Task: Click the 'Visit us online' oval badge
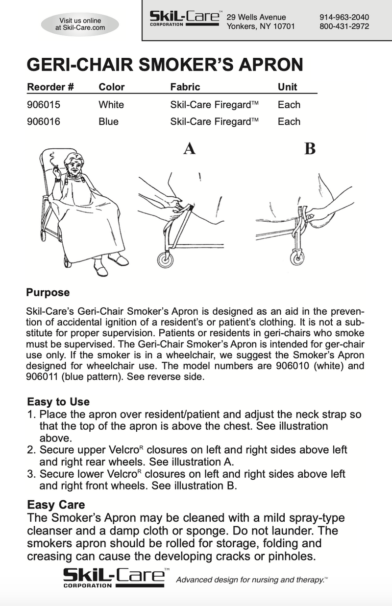80,24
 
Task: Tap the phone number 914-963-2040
344,17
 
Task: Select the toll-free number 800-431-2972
344,26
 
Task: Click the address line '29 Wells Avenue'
256,17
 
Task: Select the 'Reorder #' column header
50,87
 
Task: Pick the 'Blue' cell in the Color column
108,121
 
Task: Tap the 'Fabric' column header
185,87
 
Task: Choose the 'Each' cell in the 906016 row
289,121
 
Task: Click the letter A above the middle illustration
189,148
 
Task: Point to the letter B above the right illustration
310,148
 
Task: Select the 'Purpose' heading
48,293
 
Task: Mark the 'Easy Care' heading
56,505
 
